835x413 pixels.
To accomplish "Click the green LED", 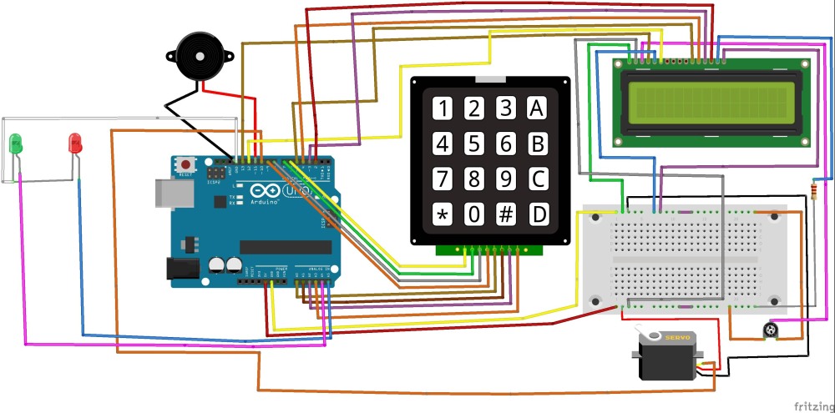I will pos(16,144).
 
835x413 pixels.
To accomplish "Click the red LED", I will pos(75,143).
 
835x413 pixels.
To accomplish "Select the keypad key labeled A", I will pos(538,108).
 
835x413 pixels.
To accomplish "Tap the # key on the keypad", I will pos(506,214).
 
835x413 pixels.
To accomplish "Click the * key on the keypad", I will pos(443,214).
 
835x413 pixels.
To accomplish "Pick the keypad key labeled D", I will pos(539,214).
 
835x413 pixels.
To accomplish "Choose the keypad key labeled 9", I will pos(506,179).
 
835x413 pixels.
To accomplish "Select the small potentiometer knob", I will pos(772,332).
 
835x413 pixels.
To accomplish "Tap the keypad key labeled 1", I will pos(443,108).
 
